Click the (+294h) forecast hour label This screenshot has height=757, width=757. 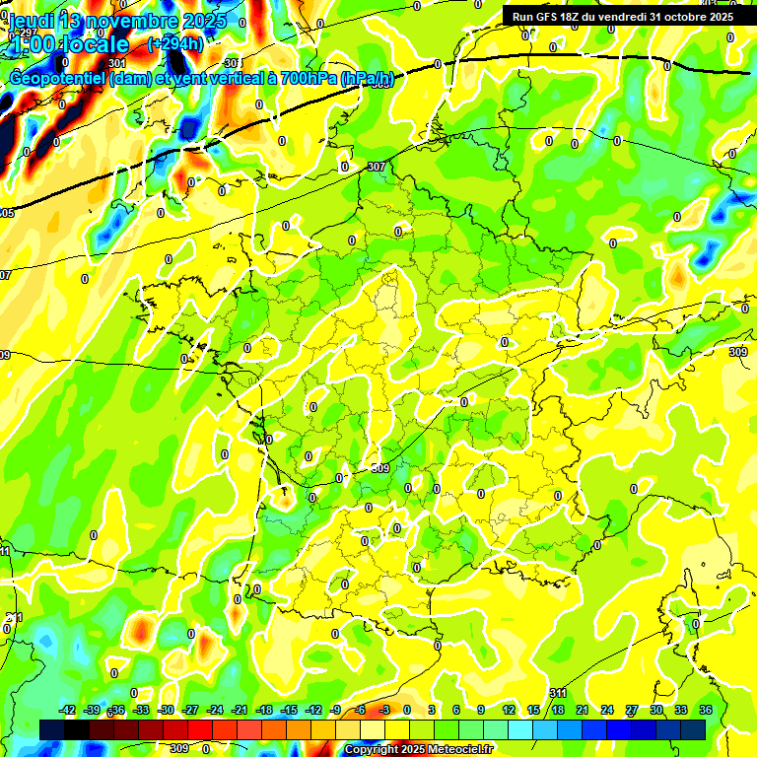pos(174,44)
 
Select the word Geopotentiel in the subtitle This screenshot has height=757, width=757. pos(58,79)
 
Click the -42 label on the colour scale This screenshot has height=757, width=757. pos(67,710)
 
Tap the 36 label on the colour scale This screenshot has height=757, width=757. pos(706,710)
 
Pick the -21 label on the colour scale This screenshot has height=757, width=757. pos(240,710)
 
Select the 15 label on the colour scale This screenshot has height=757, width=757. pos(533,710)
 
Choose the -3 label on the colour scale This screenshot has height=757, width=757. pos(385,710)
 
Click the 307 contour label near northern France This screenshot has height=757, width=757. pos(376,168)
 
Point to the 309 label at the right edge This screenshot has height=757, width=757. pos(738,352)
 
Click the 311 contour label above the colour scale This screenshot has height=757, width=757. pos(558,694)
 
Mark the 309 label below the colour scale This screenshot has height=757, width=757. pos(178,748)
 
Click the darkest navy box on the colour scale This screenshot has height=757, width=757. pos(52,728)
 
